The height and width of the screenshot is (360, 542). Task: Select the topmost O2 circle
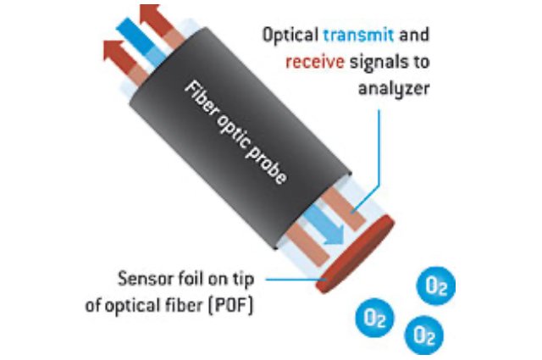438,288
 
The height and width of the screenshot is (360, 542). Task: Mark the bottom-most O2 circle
423,335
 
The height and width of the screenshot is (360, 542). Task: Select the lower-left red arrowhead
113,50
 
